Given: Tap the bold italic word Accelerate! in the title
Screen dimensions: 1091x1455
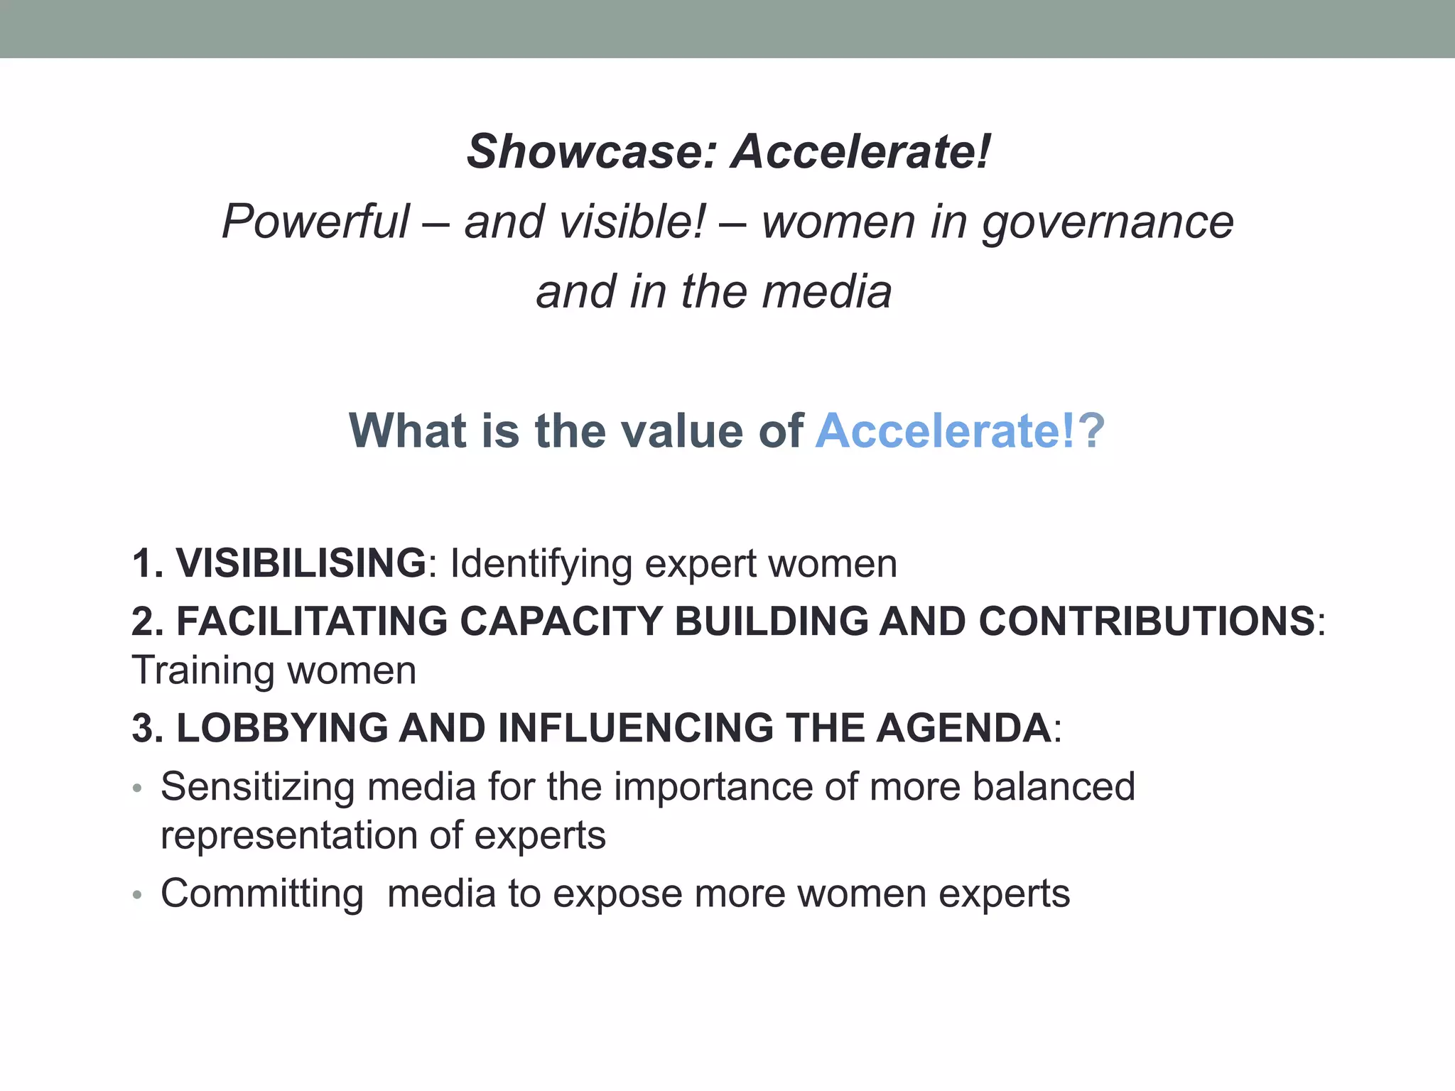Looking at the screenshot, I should pos(861,152).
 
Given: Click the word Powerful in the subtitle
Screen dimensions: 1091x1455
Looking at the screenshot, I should pos(316,222).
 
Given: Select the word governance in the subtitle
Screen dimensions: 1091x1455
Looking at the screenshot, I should pos(1108,222).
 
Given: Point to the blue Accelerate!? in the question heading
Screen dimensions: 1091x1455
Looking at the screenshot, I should pos(960,431).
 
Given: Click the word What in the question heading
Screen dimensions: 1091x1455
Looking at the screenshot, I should pos(409,431).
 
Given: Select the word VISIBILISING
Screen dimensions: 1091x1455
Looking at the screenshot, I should pos(301,563).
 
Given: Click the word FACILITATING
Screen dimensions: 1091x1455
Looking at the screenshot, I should pos(312,622).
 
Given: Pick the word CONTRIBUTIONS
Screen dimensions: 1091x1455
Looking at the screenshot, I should pos(1147,622).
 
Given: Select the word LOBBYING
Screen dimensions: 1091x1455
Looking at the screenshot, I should pos(282,729).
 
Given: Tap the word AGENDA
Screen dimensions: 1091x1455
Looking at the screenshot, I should pos(963,729).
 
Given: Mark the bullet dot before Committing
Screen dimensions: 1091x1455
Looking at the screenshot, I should pos(138,896).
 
